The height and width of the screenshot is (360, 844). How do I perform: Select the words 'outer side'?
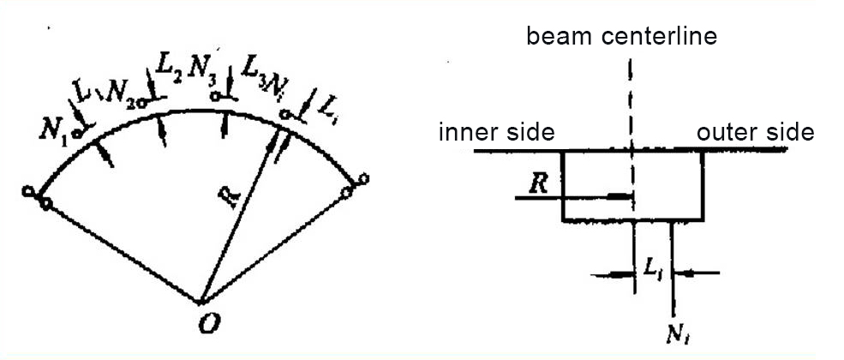755,133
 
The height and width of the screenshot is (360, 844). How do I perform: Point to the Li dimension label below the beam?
653,269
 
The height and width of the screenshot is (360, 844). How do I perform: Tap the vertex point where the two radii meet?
201,302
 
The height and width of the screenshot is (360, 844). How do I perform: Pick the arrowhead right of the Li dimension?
683,274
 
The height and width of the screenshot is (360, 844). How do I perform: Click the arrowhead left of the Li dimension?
624,274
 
